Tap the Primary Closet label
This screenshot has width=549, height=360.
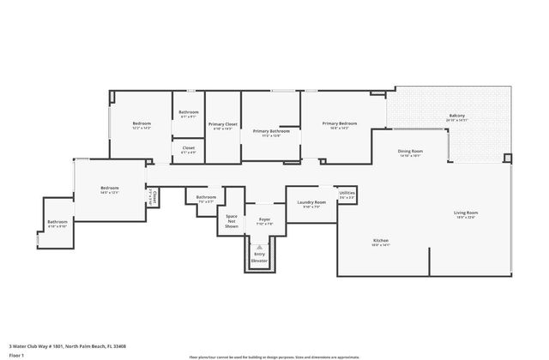tap(222, 126)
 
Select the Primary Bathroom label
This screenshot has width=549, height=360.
tap(270, 133)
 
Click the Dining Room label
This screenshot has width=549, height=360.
tap(408, 153)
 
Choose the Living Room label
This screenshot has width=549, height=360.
tap(466, 214)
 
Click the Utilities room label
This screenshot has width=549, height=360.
tap(347, 195)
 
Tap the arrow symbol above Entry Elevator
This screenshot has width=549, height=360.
tap(259, 247)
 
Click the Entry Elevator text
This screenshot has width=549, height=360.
tap(259, 256)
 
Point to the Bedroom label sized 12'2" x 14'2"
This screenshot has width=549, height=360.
tap(142, 126)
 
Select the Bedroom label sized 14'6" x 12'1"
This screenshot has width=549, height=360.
tap(109, 189)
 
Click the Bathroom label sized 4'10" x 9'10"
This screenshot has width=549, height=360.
tap(57, 225)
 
